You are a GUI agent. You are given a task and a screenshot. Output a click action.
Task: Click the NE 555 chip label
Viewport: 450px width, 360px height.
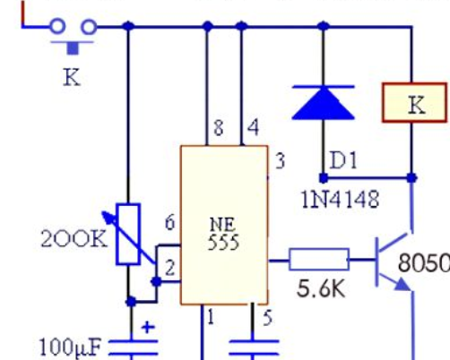click(223, 234)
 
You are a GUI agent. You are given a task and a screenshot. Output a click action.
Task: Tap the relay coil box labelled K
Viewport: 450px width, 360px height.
click(415, 103)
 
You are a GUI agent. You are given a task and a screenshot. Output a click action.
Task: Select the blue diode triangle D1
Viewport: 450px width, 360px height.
click(324, 103)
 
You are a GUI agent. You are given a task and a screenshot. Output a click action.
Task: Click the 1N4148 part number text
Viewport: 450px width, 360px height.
click(341, 200)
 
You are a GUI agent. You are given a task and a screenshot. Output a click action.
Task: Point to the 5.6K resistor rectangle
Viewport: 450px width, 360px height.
click(319, 260)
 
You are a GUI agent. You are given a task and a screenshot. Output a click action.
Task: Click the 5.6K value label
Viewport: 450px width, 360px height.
click(321, 288)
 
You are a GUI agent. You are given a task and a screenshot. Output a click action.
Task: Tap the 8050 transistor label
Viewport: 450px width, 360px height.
click(424, 262)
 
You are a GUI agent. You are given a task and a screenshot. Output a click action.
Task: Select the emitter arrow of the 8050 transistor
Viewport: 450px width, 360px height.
click(402, 285)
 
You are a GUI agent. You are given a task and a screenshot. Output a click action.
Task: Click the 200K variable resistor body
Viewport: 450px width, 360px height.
click(128, 234)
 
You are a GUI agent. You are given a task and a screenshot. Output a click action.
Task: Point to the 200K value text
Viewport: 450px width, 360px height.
click(74, 239)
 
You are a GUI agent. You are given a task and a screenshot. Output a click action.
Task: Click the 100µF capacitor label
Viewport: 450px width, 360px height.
click(70, 347)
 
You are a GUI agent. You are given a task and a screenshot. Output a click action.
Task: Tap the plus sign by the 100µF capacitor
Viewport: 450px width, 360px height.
click(148, 327)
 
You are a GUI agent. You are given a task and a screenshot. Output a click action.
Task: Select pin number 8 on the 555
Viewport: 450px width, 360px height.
click(219, 128)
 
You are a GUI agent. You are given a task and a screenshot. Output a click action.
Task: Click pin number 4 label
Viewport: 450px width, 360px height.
click(253, 127)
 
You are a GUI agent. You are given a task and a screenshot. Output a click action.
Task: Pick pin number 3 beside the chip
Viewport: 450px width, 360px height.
click(280, 161)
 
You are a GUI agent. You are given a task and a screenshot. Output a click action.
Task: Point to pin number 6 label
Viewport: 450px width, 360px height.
click(169, 223)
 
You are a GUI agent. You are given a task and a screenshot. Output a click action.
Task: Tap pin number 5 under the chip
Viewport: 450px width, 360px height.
click(267, 318)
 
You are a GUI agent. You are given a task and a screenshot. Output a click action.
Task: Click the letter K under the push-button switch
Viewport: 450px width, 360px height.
click(72, 77)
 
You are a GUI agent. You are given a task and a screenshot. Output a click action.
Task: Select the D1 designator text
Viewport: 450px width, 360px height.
click(343, 160)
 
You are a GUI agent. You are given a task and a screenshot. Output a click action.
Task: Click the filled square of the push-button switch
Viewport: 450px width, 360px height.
click(73, 48)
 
